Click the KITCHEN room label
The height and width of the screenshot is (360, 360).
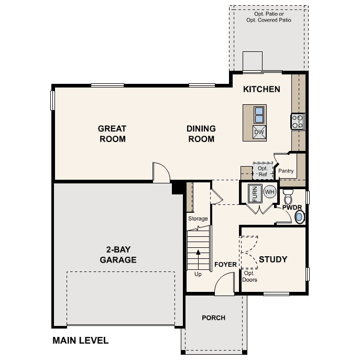(261, 89)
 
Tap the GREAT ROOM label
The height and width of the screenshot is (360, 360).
(112, 134)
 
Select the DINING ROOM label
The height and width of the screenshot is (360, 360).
(202, 134)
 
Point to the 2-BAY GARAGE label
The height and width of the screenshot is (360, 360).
(118, 255)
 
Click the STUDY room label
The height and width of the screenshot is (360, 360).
(273, 259)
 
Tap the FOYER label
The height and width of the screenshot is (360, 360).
(226, 265)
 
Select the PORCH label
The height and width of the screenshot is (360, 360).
(213, 318)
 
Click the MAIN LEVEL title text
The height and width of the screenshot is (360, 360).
(80, 340)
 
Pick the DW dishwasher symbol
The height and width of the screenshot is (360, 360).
(259, 132)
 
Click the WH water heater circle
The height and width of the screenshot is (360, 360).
(269, 192)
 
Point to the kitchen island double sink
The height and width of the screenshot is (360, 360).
(259, 114)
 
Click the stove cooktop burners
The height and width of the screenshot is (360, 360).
(298, 122)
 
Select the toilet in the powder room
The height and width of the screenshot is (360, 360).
(288, 199)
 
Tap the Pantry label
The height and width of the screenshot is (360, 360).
(286, 171)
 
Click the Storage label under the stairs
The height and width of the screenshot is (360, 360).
(198, 219)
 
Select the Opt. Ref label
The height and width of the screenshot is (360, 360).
(262, 171)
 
